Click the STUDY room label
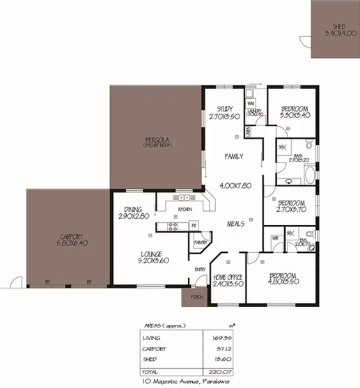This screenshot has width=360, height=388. [x=224, y=109]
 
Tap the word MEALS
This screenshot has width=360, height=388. [x=237, y=224]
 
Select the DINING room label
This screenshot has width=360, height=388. [x=133, y=210]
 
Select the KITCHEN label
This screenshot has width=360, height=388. [x=185, y=209]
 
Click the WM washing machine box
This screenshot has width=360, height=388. [x=251, y=102]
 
